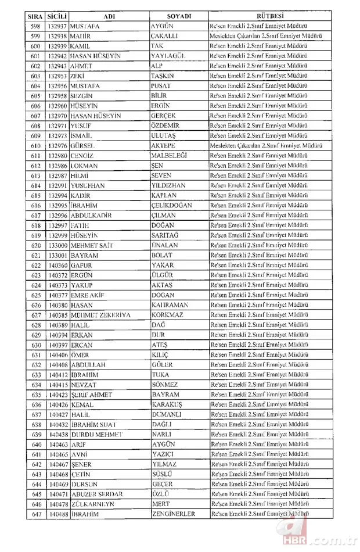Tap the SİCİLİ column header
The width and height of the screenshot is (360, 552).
coord(57,17)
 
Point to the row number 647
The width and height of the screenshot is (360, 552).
coord(35,514)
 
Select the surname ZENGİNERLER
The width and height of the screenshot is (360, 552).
coord(173,514)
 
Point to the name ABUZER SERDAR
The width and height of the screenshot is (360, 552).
coord(96,494)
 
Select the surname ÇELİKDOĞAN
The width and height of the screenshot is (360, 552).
coord(174,206)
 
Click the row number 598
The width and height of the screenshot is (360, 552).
coord(35,27)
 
